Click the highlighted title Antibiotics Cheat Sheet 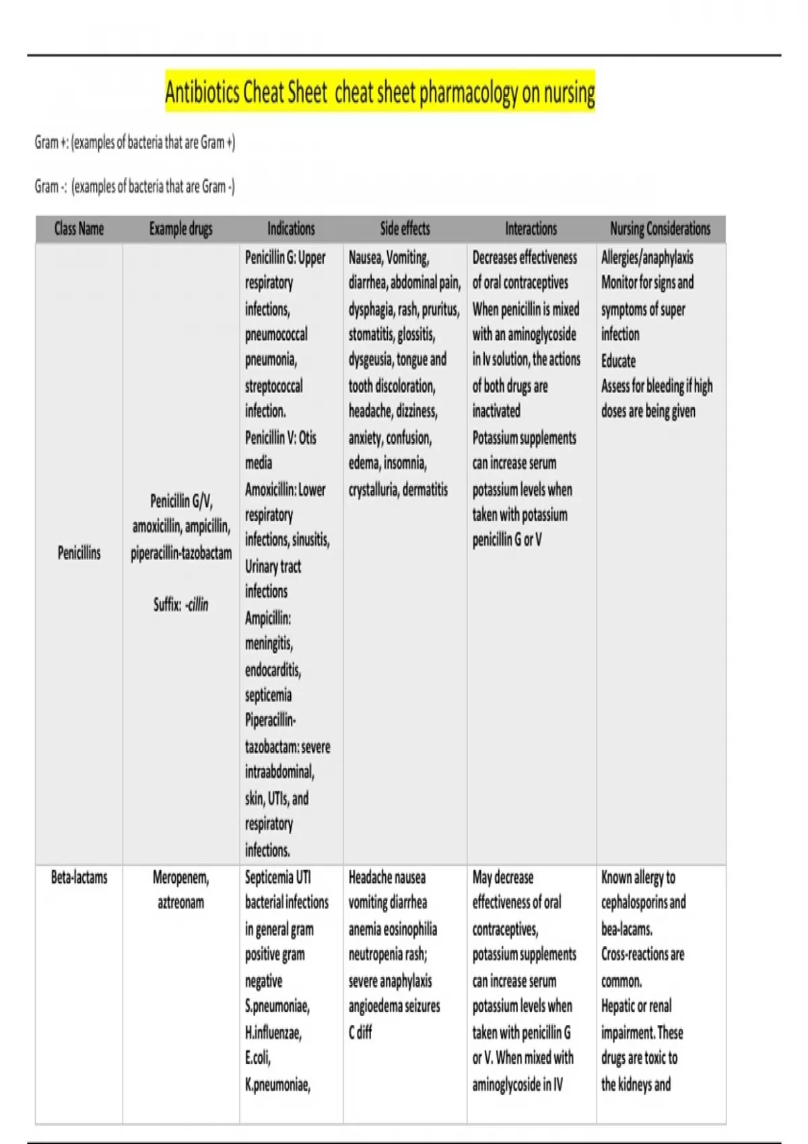click(x=380, y=92)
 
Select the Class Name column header click(x=79, y=229)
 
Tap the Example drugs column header click(x=180, y=229)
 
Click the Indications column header click(x=291, y=229)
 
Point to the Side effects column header click(x=405, y=229)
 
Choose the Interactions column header click(x=531, y=229)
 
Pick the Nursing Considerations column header click(x=660, y=229)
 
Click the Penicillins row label click(x=79, y=553)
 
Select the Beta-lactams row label click(x=79, y=878)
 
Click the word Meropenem click(x=180, y=878)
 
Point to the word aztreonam click(x=180, y=903)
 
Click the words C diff click(x=360, y=1032)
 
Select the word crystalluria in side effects click(x=373, y=490)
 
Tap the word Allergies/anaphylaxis click(x=647, y=258)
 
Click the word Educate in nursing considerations click(x=618, y=361)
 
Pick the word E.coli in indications click(x=258, y=1059)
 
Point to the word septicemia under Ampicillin click(x=268, y=695)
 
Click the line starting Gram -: click(x=135, y=186)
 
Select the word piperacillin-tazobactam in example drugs click(x=181, y=553)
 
